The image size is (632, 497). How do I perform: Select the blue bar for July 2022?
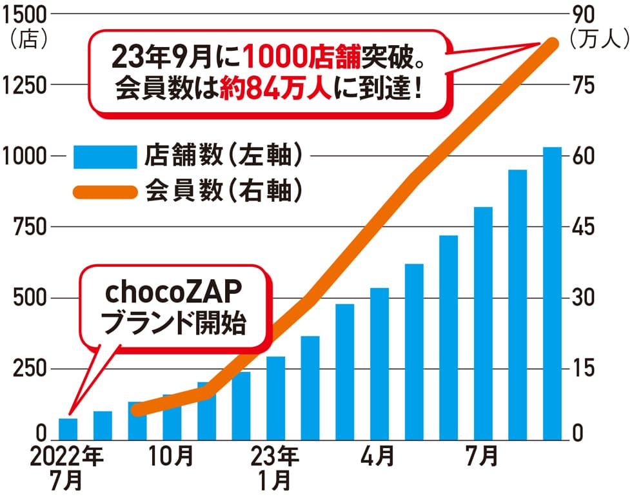click(68, 427)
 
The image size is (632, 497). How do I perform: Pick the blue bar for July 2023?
click(483, 322)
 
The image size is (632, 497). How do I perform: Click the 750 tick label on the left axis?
click(24, 227)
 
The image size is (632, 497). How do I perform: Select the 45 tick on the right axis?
click(582, 227)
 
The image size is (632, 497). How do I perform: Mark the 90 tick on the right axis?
click(582, 13)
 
